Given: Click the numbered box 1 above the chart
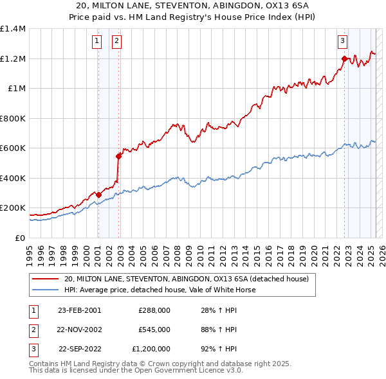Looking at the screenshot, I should point(97,42).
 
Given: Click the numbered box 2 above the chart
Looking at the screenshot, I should point(116,42).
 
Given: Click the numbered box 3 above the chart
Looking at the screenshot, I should point(342,42).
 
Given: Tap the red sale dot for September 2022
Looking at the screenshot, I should point(344,59).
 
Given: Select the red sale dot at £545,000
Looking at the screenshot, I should point(118,156).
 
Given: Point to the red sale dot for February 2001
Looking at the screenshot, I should point(98,195).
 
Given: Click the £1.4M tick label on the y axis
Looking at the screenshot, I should point(13,29).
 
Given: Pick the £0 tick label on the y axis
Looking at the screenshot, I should point(21,238).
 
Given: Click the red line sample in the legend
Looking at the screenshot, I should point(46,279).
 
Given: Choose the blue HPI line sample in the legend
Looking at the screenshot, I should point(46,290).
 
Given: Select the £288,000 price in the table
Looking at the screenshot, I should point(154,310).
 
